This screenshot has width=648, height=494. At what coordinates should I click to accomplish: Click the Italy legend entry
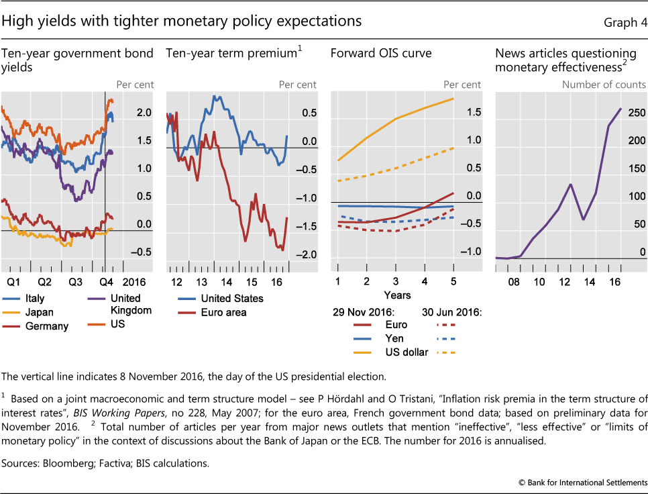click(33, 298)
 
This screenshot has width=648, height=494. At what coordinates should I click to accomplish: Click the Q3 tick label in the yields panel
click(75, 282)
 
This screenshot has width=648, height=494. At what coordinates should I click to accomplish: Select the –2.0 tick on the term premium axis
click(309, 255)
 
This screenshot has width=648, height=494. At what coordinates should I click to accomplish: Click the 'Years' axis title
click(397, 295)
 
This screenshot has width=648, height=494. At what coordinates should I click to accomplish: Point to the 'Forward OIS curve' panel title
click(381, 53)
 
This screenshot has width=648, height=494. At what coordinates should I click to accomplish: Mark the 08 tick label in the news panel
click(514, 282)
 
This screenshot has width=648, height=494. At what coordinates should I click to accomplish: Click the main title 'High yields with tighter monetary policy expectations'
click(182, 21)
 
